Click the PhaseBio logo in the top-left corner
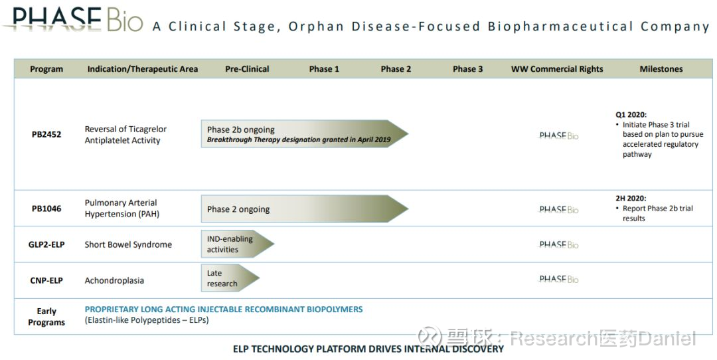(x=73, y=19)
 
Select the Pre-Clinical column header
(x=247, y=69)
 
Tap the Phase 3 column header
(x=467, y=69)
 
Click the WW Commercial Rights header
(x=557, y=69)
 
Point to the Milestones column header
(x=661, y=69)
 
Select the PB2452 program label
(x=46, y=134)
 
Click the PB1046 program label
(x=46, y=209)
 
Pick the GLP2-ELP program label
(x=46, y=244)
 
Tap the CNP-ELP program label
(x=46, y=280)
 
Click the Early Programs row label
(x=46, y=317)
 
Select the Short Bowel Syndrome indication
(x=128, y=244)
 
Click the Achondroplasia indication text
(x=114, y=280)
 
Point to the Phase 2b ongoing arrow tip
(x=408, y=134)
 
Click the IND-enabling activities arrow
(x=237, y=244)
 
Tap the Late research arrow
(x=230, y=278)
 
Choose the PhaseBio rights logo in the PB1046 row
(x=559, y=209)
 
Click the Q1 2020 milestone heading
(x=631, y=115)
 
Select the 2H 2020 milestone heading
(x=631, y=199)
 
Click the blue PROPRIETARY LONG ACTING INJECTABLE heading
(x=224, y=310)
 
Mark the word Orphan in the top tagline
(x=316, y=27)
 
